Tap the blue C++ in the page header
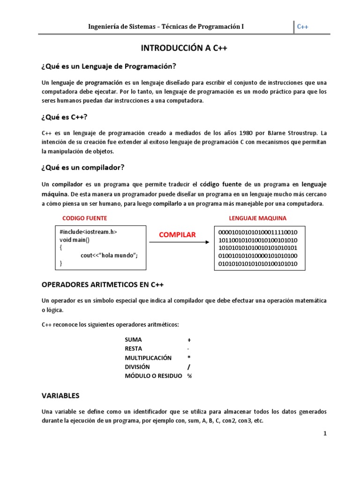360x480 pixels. pyautogui.click(x=303, y=27)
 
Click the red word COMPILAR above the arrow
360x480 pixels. pyautogui.click(x=177, y=235)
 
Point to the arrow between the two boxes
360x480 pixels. pyautogui.click(x=179, y=242)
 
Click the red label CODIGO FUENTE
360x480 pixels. pyautogui.click(x=85, y=218)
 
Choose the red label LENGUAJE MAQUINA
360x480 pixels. pyautogui.click(x=257, y=218)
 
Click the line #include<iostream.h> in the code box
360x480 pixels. pyautogui.click(x=89, y=232)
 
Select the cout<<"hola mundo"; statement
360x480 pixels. pyautogui.click(x=109, y=256)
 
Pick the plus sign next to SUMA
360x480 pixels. pyautogui.click(x=189, y=339)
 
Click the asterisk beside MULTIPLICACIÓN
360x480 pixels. pyautogui.click(x=188, y=358)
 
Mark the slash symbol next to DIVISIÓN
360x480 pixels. pyautogui.click(x=188, y=367)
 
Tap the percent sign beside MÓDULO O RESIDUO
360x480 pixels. pyautogui.click(x=189, y=376)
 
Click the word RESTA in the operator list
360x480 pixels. pyautogui.click(x=134, y=349)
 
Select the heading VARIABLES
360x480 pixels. pyautogui.click(x=60, y=396)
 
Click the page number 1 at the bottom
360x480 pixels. pyautogui.click(x=324, y=434)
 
